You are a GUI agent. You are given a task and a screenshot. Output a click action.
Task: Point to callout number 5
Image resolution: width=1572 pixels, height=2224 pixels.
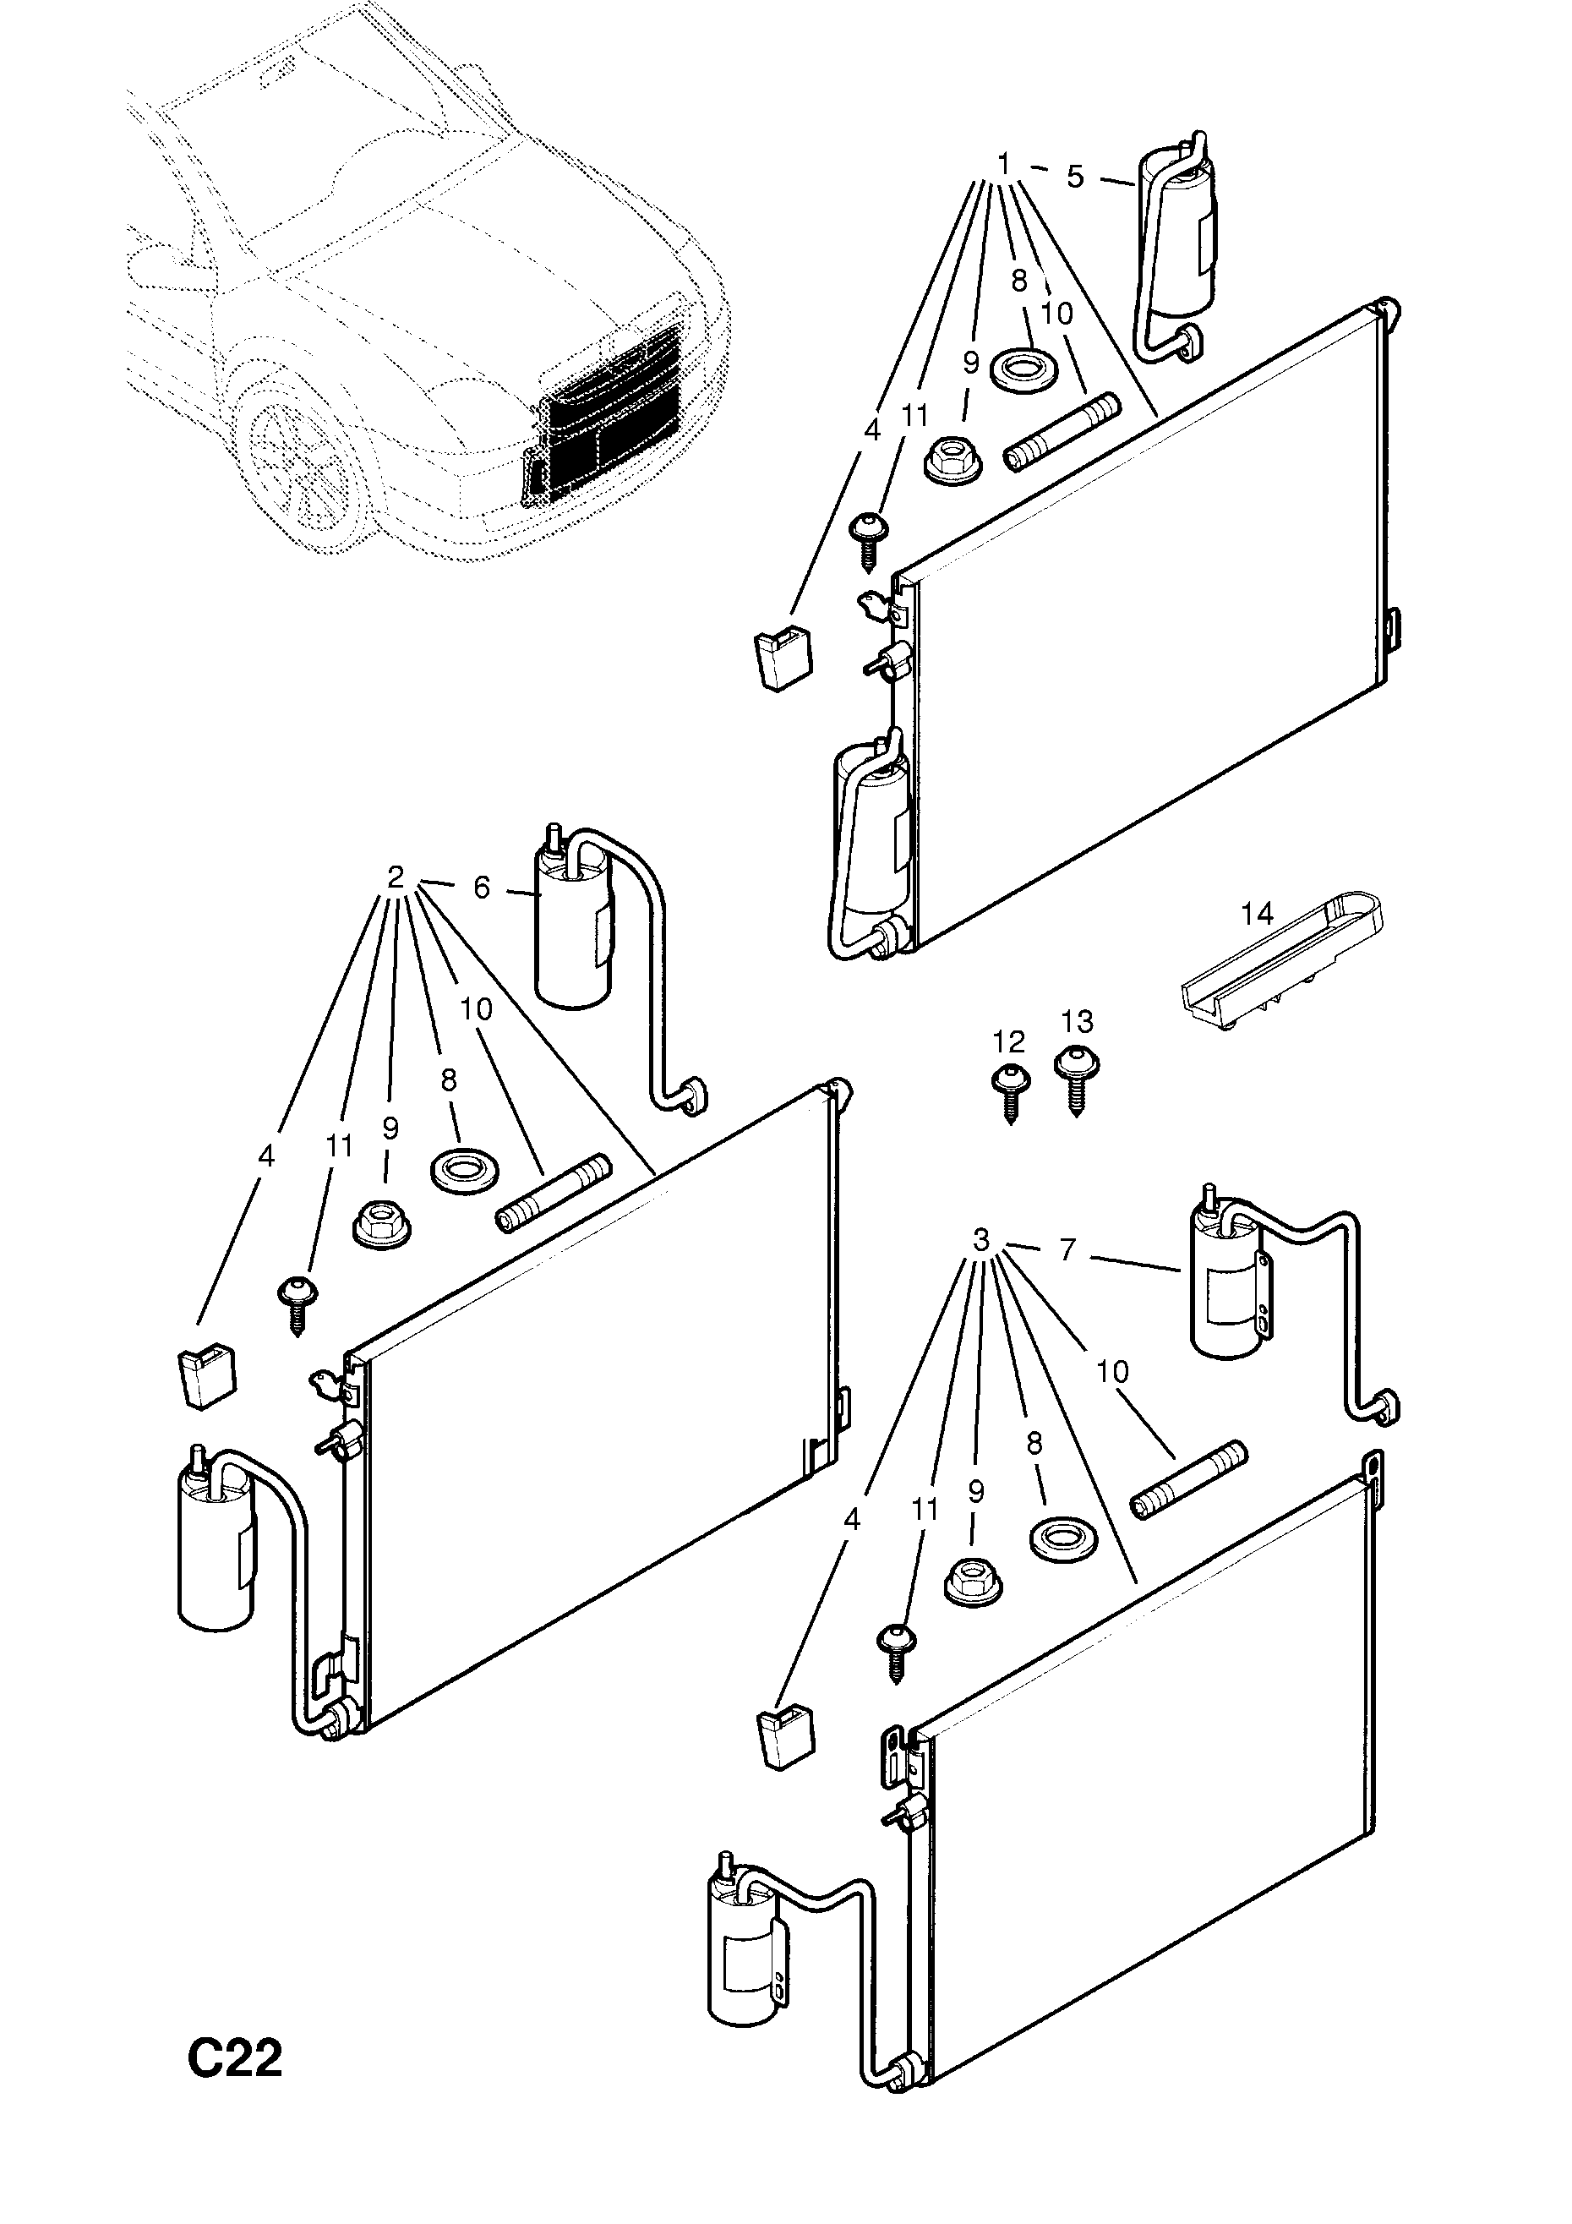click(x=1075, y=178)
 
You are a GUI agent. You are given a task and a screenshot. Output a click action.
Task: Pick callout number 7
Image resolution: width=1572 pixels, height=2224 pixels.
click(x=1067, y=1249)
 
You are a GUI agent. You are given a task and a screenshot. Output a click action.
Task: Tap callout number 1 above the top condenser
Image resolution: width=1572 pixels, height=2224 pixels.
click(x=1004, y=164)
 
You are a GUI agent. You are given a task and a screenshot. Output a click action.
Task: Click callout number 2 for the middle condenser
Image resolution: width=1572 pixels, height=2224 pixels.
click(x=396, y=877)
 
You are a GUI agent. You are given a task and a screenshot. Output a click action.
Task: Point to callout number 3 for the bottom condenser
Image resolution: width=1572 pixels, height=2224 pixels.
click(x=981, y=1239)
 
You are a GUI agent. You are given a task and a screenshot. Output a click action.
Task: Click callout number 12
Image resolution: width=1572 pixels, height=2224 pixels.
click(x=1008, y=1041)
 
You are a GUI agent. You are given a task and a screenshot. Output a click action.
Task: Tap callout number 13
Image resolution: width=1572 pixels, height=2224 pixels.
click(x=1076, y=1021)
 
